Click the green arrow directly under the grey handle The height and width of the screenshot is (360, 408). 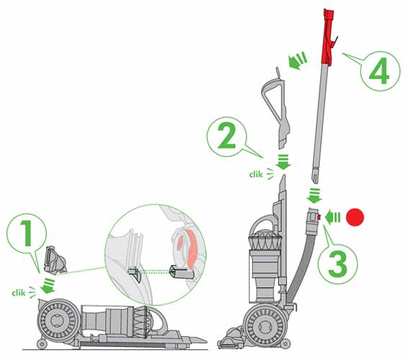click(282, 163)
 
